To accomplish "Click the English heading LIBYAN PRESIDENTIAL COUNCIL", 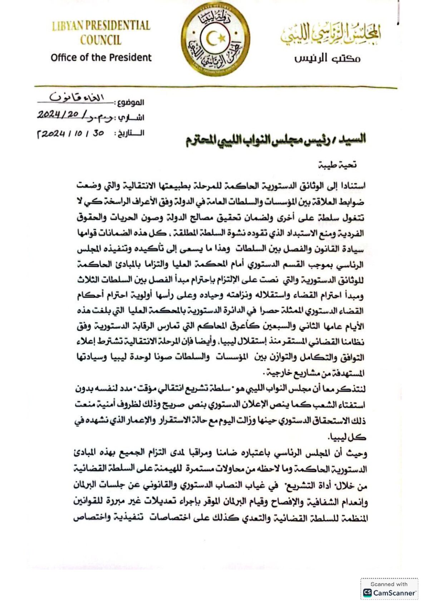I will (x=101, y=33).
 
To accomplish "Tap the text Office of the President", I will (x=101, y=58).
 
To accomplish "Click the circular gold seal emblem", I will (x=215, y=39).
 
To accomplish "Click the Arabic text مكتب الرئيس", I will (x=327, y=58).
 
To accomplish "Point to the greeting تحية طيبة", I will (x=337, y=165).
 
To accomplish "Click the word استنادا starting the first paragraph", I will (x=352, y=186).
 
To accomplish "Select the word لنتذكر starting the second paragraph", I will (x=354, y=389).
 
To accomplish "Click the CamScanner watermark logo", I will (x=389, y=593).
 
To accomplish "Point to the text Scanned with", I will (x=389, y=584).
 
